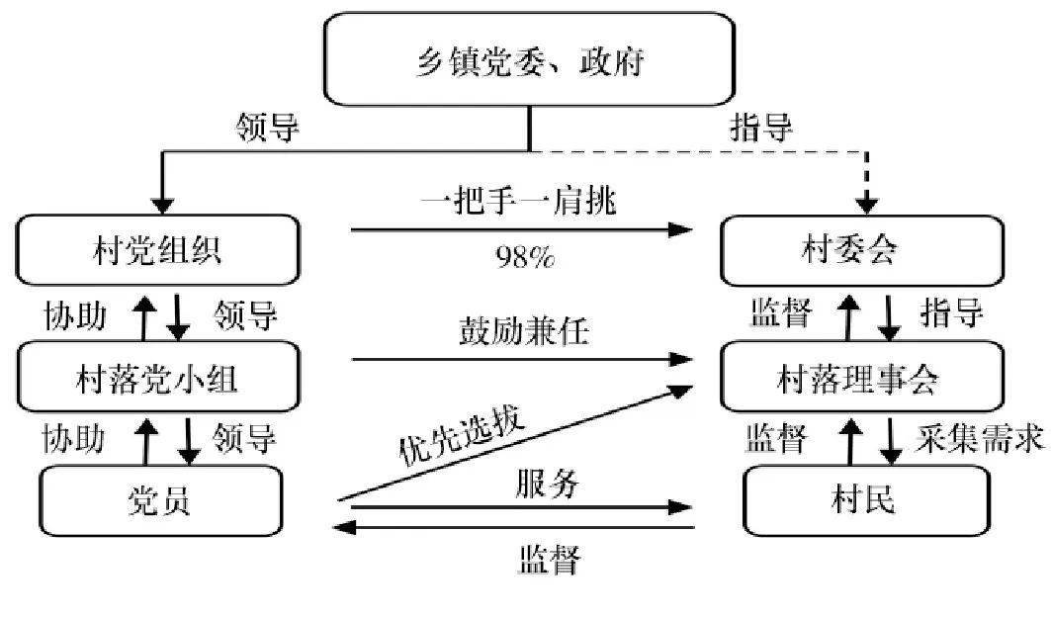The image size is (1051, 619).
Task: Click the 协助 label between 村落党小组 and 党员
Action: coord(73,438)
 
